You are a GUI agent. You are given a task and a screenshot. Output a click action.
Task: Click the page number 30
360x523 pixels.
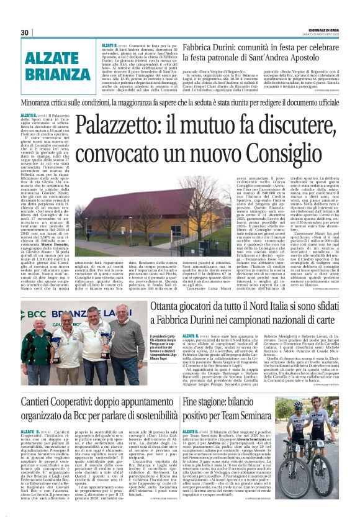tap(24, 33)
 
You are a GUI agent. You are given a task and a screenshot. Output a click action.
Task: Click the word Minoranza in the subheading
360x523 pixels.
tap(42, 102)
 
